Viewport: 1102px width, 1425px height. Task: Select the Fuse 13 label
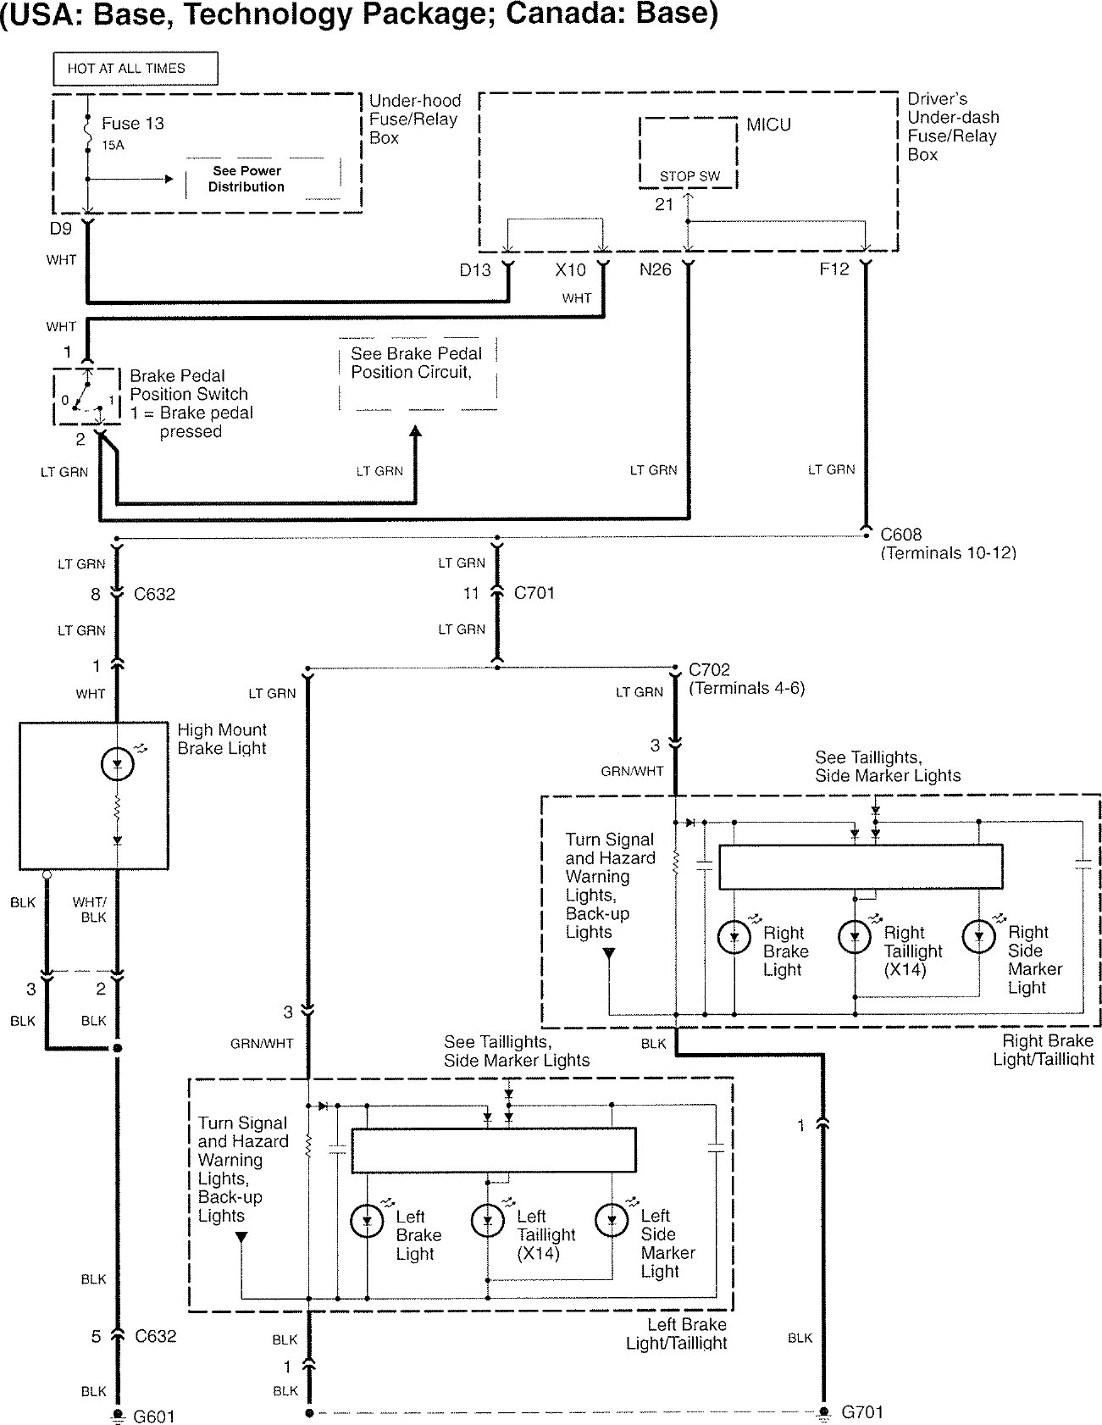(x=133, y=124)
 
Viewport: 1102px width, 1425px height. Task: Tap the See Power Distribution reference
(x=246, y=179)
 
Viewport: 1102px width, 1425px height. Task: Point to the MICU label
(x=768, y=125)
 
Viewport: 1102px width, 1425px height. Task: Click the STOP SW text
(x=689, y=176)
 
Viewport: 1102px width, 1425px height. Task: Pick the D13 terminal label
(x=475, y=270)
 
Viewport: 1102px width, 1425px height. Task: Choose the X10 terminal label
(x=570, y=270)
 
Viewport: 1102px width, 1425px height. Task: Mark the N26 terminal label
(x=656, y=270)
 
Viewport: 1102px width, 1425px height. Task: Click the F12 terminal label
(x=833, y=270)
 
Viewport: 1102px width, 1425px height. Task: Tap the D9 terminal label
(x=61, y=229)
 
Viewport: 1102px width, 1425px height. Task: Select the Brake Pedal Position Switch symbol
(x=87, y=397)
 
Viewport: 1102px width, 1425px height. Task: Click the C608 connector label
(x=900, y=535)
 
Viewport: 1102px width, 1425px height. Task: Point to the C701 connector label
(x=534, y=593)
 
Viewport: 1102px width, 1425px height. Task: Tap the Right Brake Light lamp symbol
(x=734, y=936)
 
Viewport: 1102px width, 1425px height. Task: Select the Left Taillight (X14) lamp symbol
(x=488, y=1221)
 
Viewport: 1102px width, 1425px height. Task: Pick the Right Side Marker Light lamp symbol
(x=978, y=936)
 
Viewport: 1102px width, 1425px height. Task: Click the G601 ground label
(x=154, y=1416)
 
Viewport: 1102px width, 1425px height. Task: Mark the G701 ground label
(x=862, y=1412)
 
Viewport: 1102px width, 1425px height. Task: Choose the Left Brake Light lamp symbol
(x=367, y=1221)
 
